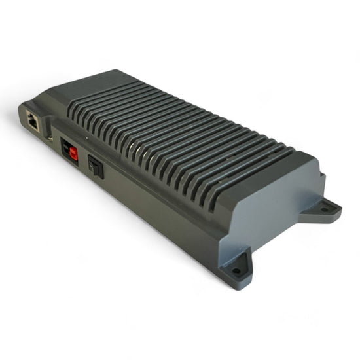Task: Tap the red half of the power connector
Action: coord(73,153)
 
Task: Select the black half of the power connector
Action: coord(66,150)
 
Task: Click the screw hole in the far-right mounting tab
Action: coord(325,209)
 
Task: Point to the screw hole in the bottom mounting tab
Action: coord(236,270)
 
